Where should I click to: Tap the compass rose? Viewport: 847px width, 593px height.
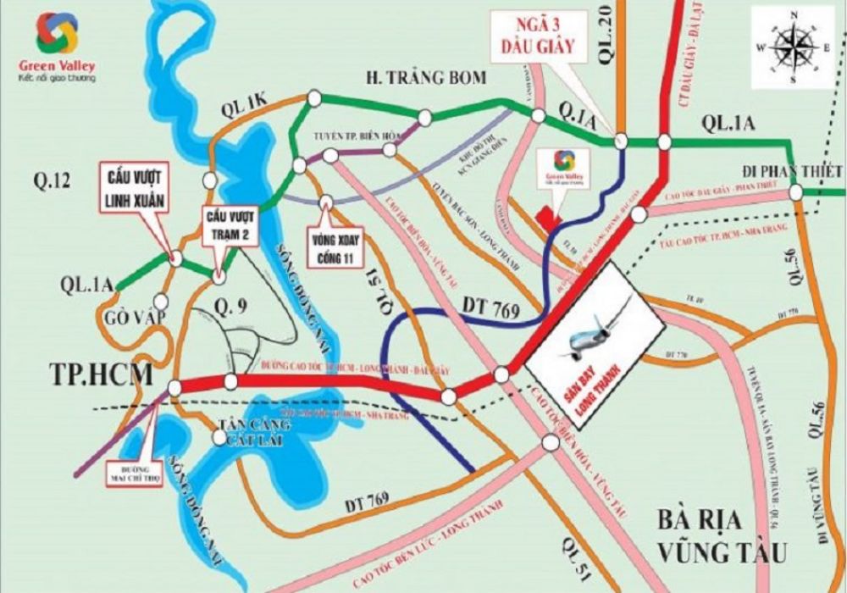coord(793,47)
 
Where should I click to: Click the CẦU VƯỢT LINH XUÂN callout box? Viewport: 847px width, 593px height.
coord(134,186)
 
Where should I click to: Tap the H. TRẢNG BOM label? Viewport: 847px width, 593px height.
coord(425,78)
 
